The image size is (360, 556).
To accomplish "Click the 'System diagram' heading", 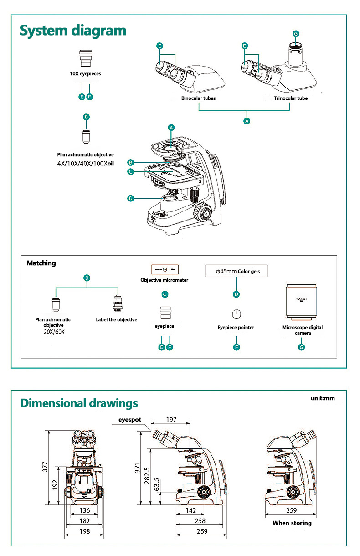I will point(73,31).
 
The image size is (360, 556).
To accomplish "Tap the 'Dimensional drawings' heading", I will point(79,403).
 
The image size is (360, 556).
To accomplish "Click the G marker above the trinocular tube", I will point(296,33).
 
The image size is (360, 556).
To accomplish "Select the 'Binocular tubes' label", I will point(198,98).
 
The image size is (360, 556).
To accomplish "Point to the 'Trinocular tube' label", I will point(291,98).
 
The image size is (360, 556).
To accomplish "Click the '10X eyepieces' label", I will point(86,73).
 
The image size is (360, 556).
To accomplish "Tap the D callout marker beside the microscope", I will point(130,198).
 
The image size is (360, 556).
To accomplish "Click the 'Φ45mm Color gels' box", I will point(236,271).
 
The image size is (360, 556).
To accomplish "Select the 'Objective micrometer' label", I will point(164,280).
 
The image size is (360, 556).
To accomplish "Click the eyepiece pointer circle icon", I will point(236,314).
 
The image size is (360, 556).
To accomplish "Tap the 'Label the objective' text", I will point(116,319).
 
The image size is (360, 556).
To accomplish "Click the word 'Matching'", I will point(41,263).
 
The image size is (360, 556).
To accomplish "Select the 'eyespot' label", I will point(130,419).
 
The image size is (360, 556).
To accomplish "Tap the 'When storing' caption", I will point(292,523).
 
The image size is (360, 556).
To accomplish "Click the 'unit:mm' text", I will point(323,398).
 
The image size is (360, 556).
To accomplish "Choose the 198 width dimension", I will point(85,531).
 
